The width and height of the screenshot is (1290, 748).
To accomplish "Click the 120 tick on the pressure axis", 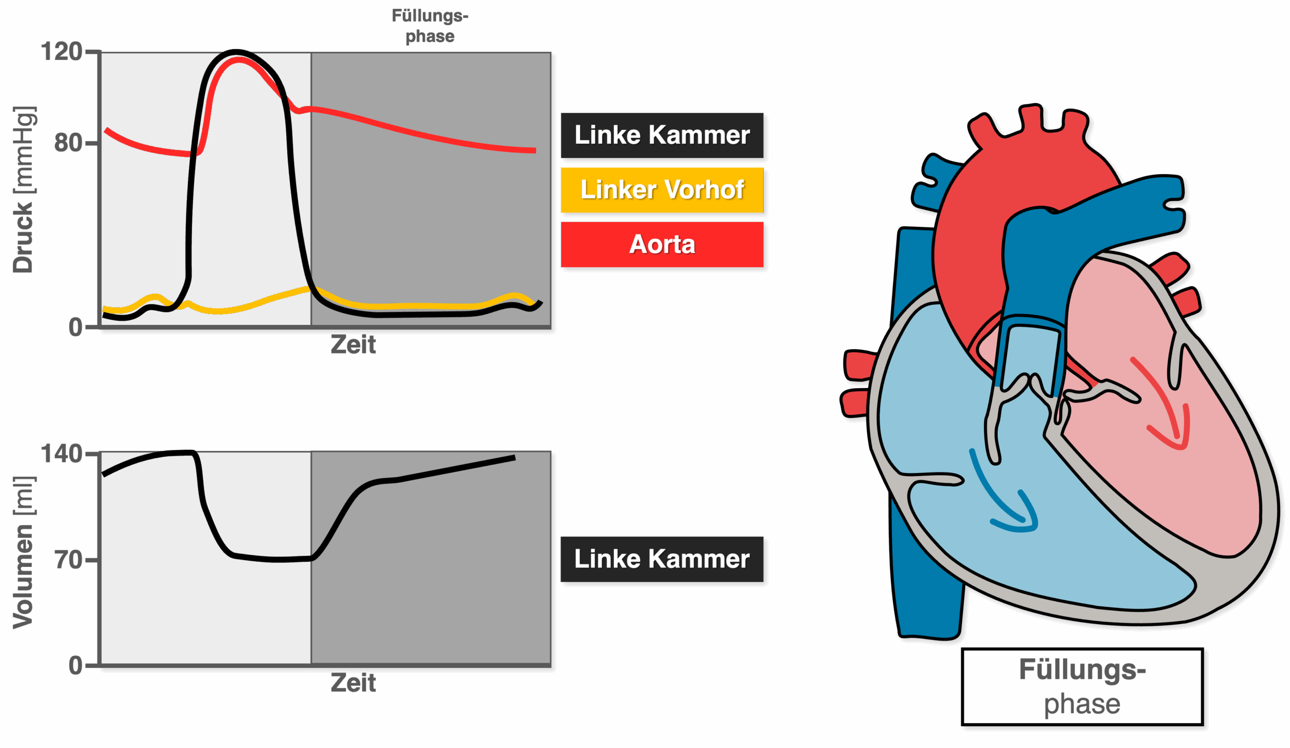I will (62, 52).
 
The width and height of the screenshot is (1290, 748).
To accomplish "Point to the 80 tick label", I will (69, 143).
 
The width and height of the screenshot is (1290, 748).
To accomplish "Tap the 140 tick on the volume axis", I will (62, 454).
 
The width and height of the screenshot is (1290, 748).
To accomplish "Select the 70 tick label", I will (69, 560).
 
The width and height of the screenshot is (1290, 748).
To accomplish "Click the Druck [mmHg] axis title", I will (24, 190).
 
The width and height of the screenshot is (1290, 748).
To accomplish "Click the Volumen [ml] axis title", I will (24, 552).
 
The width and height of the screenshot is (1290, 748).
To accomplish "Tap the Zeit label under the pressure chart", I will (353, 345).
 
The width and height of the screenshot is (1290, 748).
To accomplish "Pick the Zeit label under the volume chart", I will (353, 683).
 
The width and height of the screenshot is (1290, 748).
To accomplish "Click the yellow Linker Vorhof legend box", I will (662, 190).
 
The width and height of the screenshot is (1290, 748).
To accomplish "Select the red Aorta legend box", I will (662, 245).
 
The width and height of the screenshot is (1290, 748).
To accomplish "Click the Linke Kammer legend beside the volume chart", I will (662, 559).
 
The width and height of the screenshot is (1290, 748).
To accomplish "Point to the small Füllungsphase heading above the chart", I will (430, 26).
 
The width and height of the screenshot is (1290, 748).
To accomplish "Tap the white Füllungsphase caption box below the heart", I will (1082, 686).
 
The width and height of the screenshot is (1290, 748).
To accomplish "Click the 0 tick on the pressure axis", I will (76, 327).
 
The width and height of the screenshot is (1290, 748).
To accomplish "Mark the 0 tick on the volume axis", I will (76, 665).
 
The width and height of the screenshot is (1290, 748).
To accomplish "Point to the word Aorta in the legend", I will (662, 245).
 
